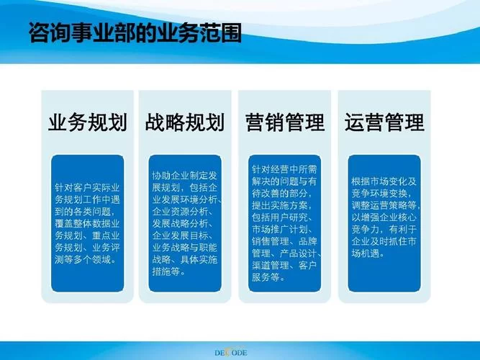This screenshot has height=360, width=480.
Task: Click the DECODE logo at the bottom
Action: pyautogui.click(x=240, y=352)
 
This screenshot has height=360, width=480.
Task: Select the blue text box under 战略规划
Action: pyautogui.click(x=187, y=223)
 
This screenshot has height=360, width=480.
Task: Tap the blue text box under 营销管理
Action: pyautogui.click(x=286, y=223)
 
